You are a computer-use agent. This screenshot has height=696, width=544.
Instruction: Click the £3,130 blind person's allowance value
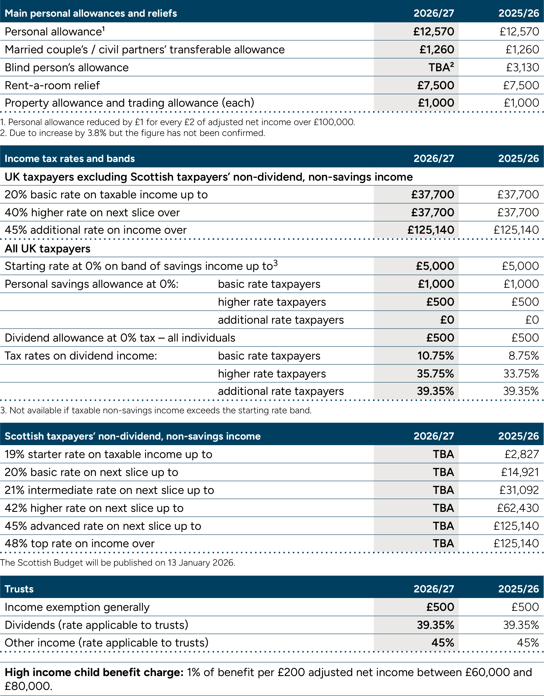(522, 67)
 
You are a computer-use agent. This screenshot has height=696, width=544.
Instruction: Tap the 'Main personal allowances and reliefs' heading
(91, 13)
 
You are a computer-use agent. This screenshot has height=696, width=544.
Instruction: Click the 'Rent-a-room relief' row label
(52, 85)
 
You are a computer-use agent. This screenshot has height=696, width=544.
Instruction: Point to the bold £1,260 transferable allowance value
(437, 50)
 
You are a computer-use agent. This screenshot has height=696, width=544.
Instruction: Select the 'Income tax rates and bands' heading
(70, 158)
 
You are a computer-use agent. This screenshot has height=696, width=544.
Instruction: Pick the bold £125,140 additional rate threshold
(431, 230)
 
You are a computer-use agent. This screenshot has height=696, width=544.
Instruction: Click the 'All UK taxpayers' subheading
(47, 249)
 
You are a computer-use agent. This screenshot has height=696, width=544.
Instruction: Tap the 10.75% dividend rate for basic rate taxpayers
(435, 356)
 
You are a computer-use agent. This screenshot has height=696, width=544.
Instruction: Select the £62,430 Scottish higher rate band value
(518, 508)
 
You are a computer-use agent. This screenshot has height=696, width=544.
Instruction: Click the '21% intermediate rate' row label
(109, 490)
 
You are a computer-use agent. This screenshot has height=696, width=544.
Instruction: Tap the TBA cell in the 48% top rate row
(443, 543)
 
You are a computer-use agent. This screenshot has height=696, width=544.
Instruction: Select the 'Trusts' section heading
(19, 589)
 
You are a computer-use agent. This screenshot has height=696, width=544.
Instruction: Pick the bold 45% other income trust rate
(442, 643)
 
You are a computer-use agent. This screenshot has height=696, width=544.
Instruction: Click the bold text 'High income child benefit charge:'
(94, 673)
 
